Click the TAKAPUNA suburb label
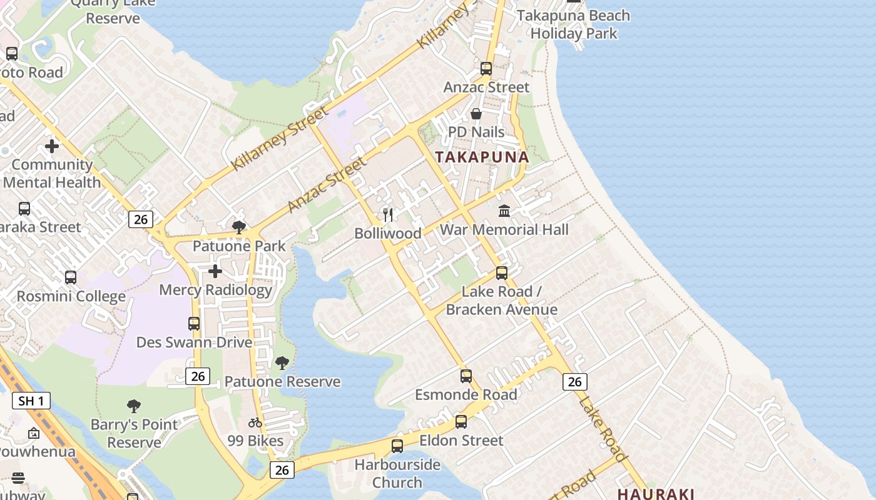482,157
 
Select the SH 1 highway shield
31,401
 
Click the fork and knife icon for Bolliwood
388,215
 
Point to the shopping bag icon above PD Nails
476,114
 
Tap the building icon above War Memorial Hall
504,211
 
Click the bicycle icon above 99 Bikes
255,422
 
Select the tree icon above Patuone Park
238,227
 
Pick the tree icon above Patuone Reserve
282,363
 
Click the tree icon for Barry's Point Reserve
134,406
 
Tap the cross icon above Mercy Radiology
215,271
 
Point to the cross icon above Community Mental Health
52,146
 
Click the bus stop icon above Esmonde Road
466,376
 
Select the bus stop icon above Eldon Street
461,422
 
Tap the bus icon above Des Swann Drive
194,324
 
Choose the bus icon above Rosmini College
71,277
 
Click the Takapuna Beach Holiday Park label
574,24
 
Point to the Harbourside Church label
397,473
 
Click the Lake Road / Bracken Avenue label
501,301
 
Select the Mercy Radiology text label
215,290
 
